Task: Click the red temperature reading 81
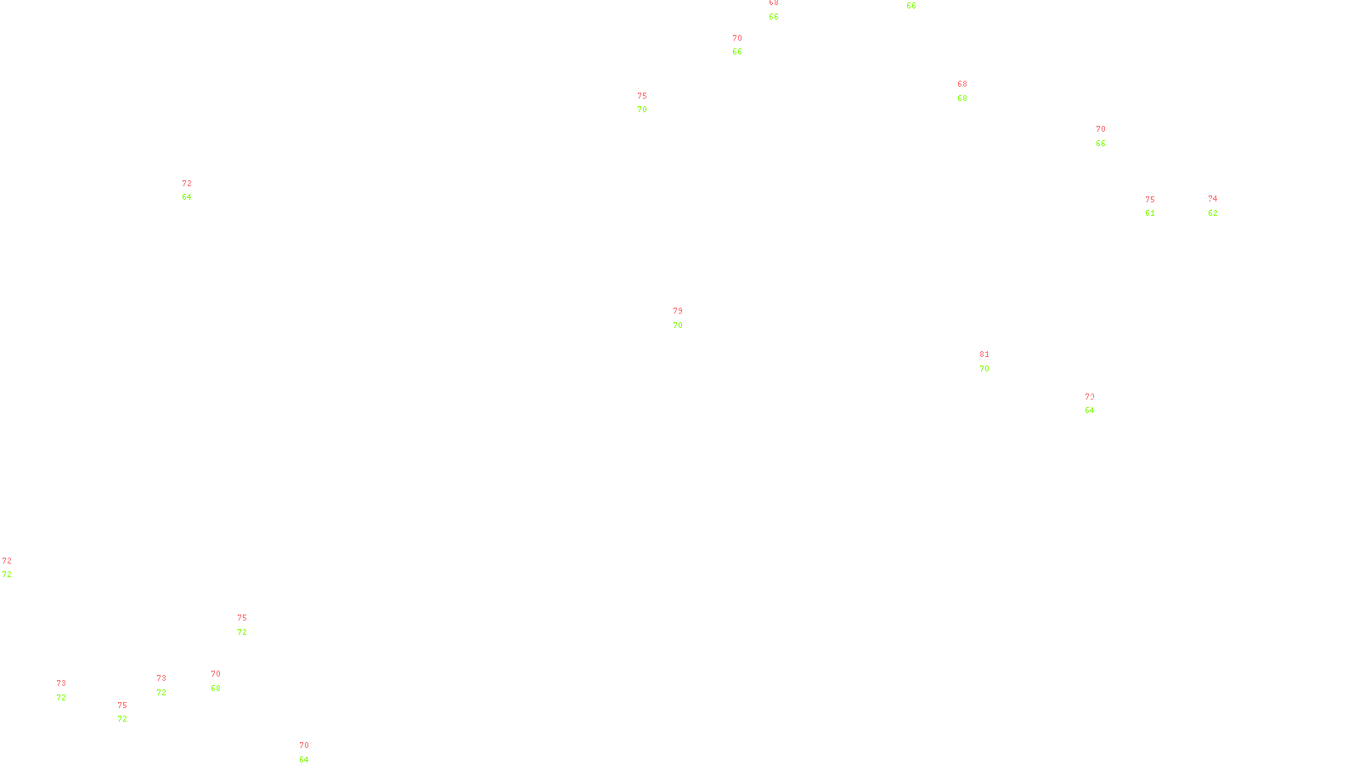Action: (x=984, y=354)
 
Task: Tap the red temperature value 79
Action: (x=677, y=311)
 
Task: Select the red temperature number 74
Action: (x=1212, y=199)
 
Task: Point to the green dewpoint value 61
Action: (x=1149, y=213)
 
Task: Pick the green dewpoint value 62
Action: (x=1212, y=213)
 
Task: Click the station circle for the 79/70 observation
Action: (x=686, y=318)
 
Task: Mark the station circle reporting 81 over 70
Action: (x=992, y=361)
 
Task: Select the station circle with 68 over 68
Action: (x=971, y=91)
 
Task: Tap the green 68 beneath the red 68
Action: (x=961, y=99)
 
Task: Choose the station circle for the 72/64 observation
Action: (x=195, y=190)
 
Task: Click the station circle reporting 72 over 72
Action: (x=14, y=568)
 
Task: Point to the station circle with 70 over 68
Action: (x=223, y=681)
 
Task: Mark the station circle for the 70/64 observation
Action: (x=312, y=753)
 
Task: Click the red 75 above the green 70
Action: (x=641, y=96)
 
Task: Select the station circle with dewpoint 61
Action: (x=1158, y=207)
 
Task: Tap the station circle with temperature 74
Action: (x=1221, y=206)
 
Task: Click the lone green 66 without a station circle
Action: (x=911, y=6)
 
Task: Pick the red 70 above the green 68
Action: (x=215, y=674)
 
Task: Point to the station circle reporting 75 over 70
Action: (x=651, y=103)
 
